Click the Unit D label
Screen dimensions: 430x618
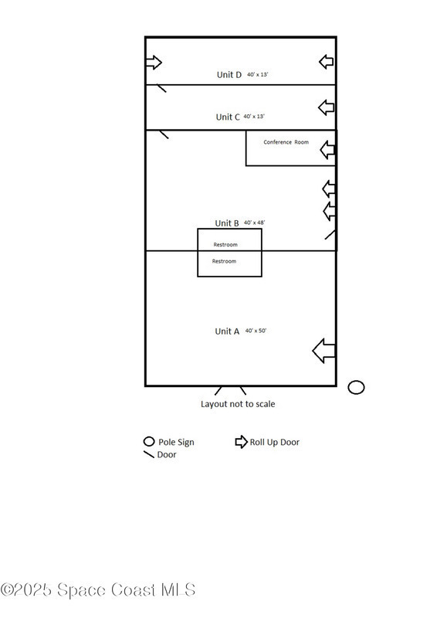pyautogui.click(x=229, y=74)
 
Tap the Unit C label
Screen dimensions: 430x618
pyautogui.click(x=228, y=117)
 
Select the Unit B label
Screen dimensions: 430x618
pyautogui.click(x=227, y=223)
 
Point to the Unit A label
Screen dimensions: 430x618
pyautogui.click(x=227, y=331)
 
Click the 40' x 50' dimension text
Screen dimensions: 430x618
pyautogui.click(x=256, y=331)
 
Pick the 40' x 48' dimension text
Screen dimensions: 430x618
pyautogui.click(x=255, y=222)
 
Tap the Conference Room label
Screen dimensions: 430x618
pyautogui.click(x=286, y=142)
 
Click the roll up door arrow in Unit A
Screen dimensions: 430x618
pyautogui.click(x=323, y=351)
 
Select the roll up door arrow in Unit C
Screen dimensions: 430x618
pyautogui.click(x=326, y=107)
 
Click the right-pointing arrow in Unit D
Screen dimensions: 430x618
pyautogui.click(x=154, y=63)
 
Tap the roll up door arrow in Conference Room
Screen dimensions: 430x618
pyautogui.click(x=327, y=150)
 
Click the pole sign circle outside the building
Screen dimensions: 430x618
pyautogui.click(x=356, y=387)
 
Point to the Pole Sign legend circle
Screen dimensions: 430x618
pyautogui.click(x=149, y=441)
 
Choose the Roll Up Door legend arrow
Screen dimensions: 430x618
pyautogui.click(x=241, y=442)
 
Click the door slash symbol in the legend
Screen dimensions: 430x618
pyautogui.click(x=149, y=454)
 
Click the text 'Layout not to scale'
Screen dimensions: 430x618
pyautogui.click(x=238, y=404)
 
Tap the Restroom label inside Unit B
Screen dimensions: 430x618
pyautogui.click(x=225, y=245)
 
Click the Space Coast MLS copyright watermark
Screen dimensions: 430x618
pyautogui.click(x=97, y=590)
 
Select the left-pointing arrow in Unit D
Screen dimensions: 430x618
pyautogui.click(x=326, y=62)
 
